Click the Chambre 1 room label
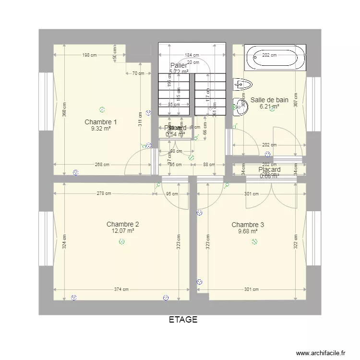(101, 122)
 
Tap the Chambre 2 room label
(123, 224)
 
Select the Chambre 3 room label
(248, 225)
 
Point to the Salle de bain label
(273, 100)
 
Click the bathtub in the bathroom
(276, 59)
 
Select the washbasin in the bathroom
(240, 107)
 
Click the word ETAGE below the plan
(183, 320)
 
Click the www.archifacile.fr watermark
(321, 352)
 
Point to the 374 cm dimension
(121, 289)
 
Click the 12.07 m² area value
(123, 231)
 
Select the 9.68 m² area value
(248, 231)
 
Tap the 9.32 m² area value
(101, 129)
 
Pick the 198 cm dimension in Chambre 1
(89, 55)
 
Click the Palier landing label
(179, 65)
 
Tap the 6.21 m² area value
(269, 107)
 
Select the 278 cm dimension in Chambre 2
(104, 194)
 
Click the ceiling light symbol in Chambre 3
(254, 241)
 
